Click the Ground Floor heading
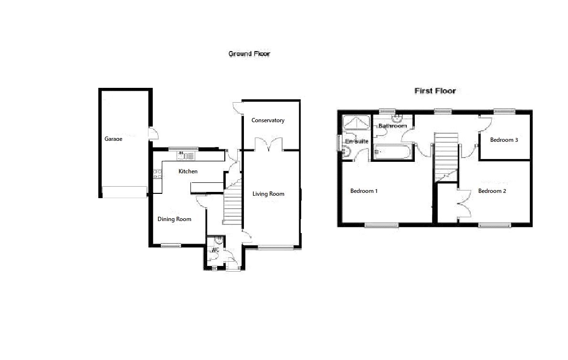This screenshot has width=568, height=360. (249, 54)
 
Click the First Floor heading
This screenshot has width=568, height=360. (435, 91)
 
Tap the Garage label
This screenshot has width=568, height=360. (113, 139)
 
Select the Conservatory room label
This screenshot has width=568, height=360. (268, 120)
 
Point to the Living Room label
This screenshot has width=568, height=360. (268, 194)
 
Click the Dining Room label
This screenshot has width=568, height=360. (174, 219)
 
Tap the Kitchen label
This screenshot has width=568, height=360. (188, 171)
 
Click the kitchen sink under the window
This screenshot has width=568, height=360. (186, 156)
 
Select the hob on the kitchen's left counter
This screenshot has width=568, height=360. (156, 174)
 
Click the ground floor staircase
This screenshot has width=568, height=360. (232, 205)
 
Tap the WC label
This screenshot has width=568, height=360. (215, 250)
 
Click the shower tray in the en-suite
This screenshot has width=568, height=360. (357, 123)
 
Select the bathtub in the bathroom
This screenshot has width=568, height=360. (391, 153)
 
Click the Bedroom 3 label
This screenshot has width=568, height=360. (505, 140)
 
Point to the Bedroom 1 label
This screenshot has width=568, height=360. (364, 191)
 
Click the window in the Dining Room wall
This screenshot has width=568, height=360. (171, 246)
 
